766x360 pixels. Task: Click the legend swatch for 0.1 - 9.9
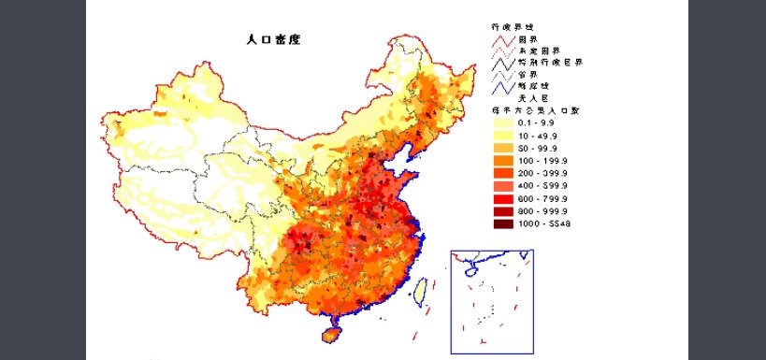[x=494, y=122]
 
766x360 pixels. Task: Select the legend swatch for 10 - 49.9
[x=494, y=135]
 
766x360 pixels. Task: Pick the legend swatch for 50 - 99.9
[x=494, y=148]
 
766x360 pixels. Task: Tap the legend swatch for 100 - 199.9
[x=494, y=161]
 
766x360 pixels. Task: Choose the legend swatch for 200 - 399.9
[x=494, y=173]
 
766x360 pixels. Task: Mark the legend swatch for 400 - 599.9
[x=494, y=186]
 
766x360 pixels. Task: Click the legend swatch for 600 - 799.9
[x=494, y=198]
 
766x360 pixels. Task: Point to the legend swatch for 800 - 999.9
[x=494, y=211]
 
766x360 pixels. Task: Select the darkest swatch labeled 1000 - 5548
[x=494, y=223]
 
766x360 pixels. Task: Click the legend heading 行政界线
[x=497, y=28]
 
